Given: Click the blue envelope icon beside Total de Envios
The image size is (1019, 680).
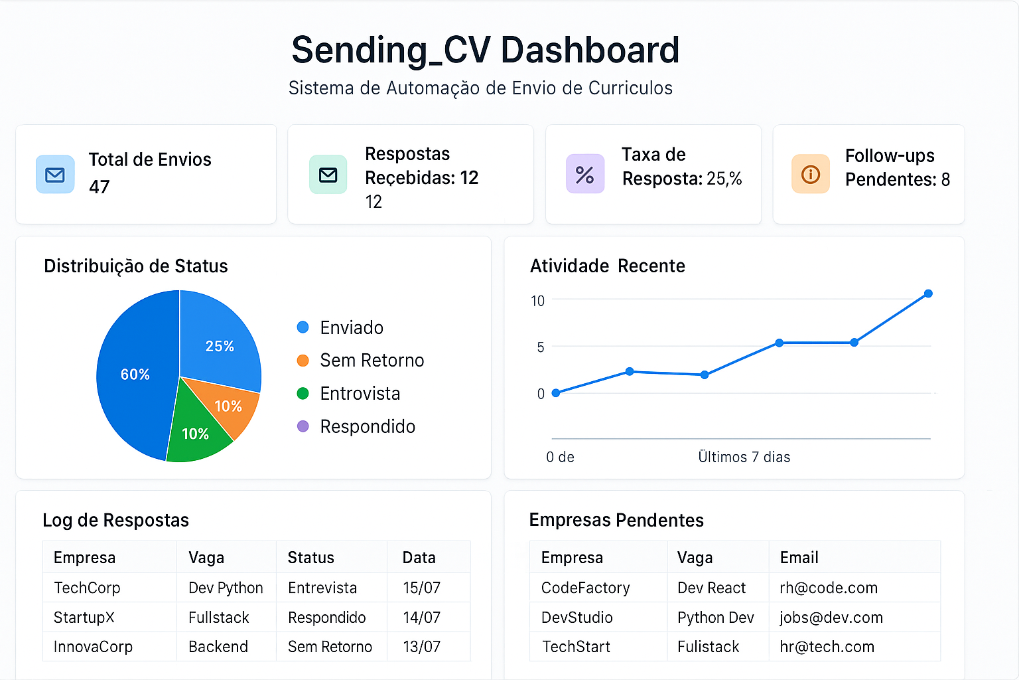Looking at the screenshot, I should tap(55, 175).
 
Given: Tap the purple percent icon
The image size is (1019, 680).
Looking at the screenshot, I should tap(584, 175).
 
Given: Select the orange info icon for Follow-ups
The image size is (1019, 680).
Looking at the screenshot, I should tap(810, 175).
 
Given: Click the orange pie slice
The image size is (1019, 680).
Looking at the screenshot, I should tap(229, 406).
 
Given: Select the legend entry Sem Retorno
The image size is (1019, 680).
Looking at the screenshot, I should tap(372, 361).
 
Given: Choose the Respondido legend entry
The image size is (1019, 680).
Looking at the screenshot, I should tap(367, 426).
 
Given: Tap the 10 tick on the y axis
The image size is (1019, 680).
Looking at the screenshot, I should tap(537, 301).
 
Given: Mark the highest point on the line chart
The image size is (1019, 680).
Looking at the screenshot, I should tap(928, 294).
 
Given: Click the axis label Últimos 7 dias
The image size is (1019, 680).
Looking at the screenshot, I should tap(744, 457).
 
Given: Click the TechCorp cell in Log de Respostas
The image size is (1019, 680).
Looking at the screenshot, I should tap(87, 588).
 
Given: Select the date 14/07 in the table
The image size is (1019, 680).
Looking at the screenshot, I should tap(421, 618).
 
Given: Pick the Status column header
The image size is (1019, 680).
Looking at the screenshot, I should tap(310, 558).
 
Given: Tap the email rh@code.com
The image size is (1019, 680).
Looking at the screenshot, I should tap(829, 588).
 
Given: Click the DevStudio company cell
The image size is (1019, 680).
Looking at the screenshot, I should tap(577, 618).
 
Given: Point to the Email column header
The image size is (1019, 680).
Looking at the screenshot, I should tap(799, 558).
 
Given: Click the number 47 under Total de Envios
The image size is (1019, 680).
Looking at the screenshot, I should tap(100, 187).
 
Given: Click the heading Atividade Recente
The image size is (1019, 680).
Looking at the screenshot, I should tap(607, 266).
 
